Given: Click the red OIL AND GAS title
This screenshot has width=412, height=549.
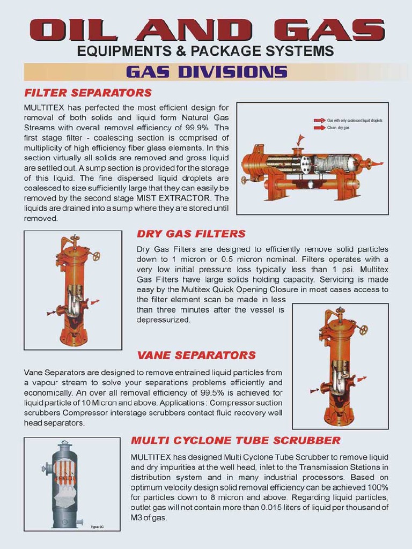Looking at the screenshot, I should click(206, 30).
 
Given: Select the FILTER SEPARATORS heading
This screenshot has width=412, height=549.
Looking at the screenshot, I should click(88, 93).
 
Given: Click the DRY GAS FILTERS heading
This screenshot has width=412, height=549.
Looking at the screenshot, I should click(192, 234).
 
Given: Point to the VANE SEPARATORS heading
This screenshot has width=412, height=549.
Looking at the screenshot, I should click(196, 355).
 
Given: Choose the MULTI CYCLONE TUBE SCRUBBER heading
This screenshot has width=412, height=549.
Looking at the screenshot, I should click(236, 441).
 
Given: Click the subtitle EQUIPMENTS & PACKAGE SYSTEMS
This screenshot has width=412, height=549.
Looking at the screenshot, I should click(206, 51).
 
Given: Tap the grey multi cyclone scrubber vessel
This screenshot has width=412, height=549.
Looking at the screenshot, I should click(65, 485).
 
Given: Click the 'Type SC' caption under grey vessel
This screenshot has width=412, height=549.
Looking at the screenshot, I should click(97, 525).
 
